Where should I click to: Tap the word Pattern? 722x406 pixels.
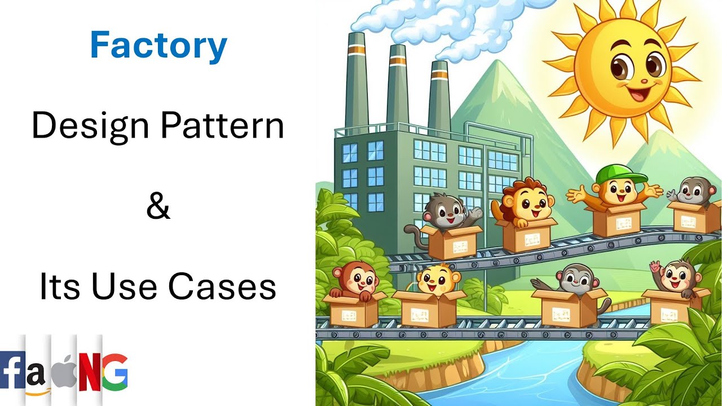point(222,126)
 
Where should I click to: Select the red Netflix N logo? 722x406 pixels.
point(89,372)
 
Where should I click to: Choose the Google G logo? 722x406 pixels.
point(114,372)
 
